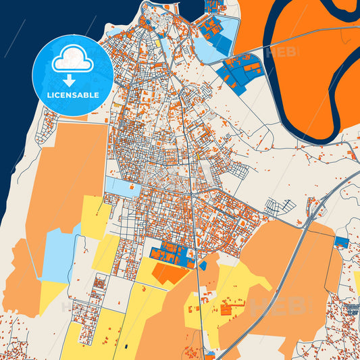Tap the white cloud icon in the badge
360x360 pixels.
pyautogui.click(x=72, y=59)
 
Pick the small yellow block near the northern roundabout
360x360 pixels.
pyautogui.click(x=158, y=44)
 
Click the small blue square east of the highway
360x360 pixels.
pyautogui.click(x=342, y=242)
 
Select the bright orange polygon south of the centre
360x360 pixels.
pyautogui.click(x=168, y=274)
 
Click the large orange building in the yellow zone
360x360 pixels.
pyautogui.click(x=226, y=310)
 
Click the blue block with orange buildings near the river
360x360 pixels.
pyautogui.click(x=244, y=71)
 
